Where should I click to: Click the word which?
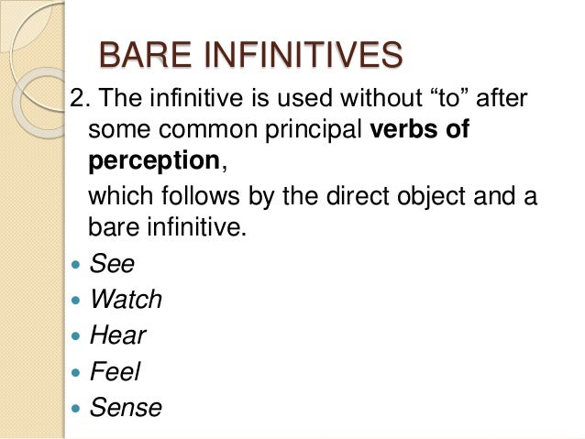point(116,196)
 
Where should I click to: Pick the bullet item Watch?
point(126,299)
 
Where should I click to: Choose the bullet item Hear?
point(117,335)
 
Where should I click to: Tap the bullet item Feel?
point(116,370)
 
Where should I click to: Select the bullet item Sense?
point(126,406)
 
